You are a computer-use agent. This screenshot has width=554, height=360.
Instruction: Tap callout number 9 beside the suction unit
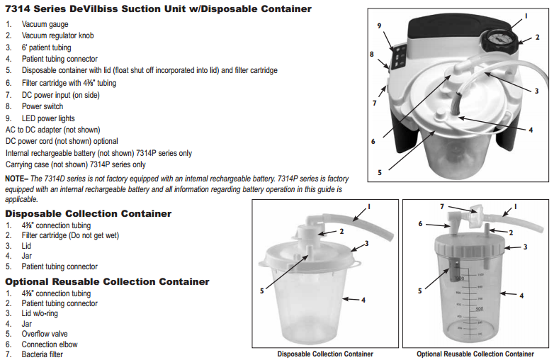379,26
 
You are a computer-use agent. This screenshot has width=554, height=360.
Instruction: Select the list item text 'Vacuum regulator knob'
57,35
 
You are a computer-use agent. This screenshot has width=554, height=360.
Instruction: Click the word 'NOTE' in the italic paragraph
14,179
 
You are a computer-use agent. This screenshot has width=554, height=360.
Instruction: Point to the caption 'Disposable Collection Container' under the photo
325,354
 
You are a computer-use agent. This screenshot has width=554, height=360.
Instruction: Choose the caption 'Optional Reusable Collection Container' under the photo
475,354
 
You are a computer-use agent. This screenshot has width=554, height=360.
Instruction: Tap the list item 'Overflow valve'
45,334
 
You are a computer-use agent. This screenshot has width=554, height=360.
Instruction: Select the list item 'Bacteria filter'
42,354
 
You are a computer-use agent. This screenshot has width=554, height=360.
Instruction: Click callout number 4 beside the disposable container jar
363,300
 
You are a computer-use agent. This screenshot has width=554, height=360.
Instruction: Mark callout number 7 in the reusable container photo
442,206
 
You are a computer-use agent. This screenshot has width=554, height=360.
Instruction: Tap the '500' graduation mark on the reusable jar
480,309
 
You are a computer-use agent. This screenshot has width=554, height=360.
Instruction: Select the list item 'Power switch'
43,106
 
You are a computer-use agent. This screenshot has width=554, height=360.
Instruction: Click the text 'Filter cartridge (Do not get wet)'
70,235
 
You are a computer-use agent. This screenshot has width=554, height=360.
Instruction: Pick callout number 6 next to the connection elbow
420,224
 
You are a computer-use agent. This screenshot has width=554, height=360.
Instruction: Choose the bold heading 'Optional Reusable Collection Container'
107,281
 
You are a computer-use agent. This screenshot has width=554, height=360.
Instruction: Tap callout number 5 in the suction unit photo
380,172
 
